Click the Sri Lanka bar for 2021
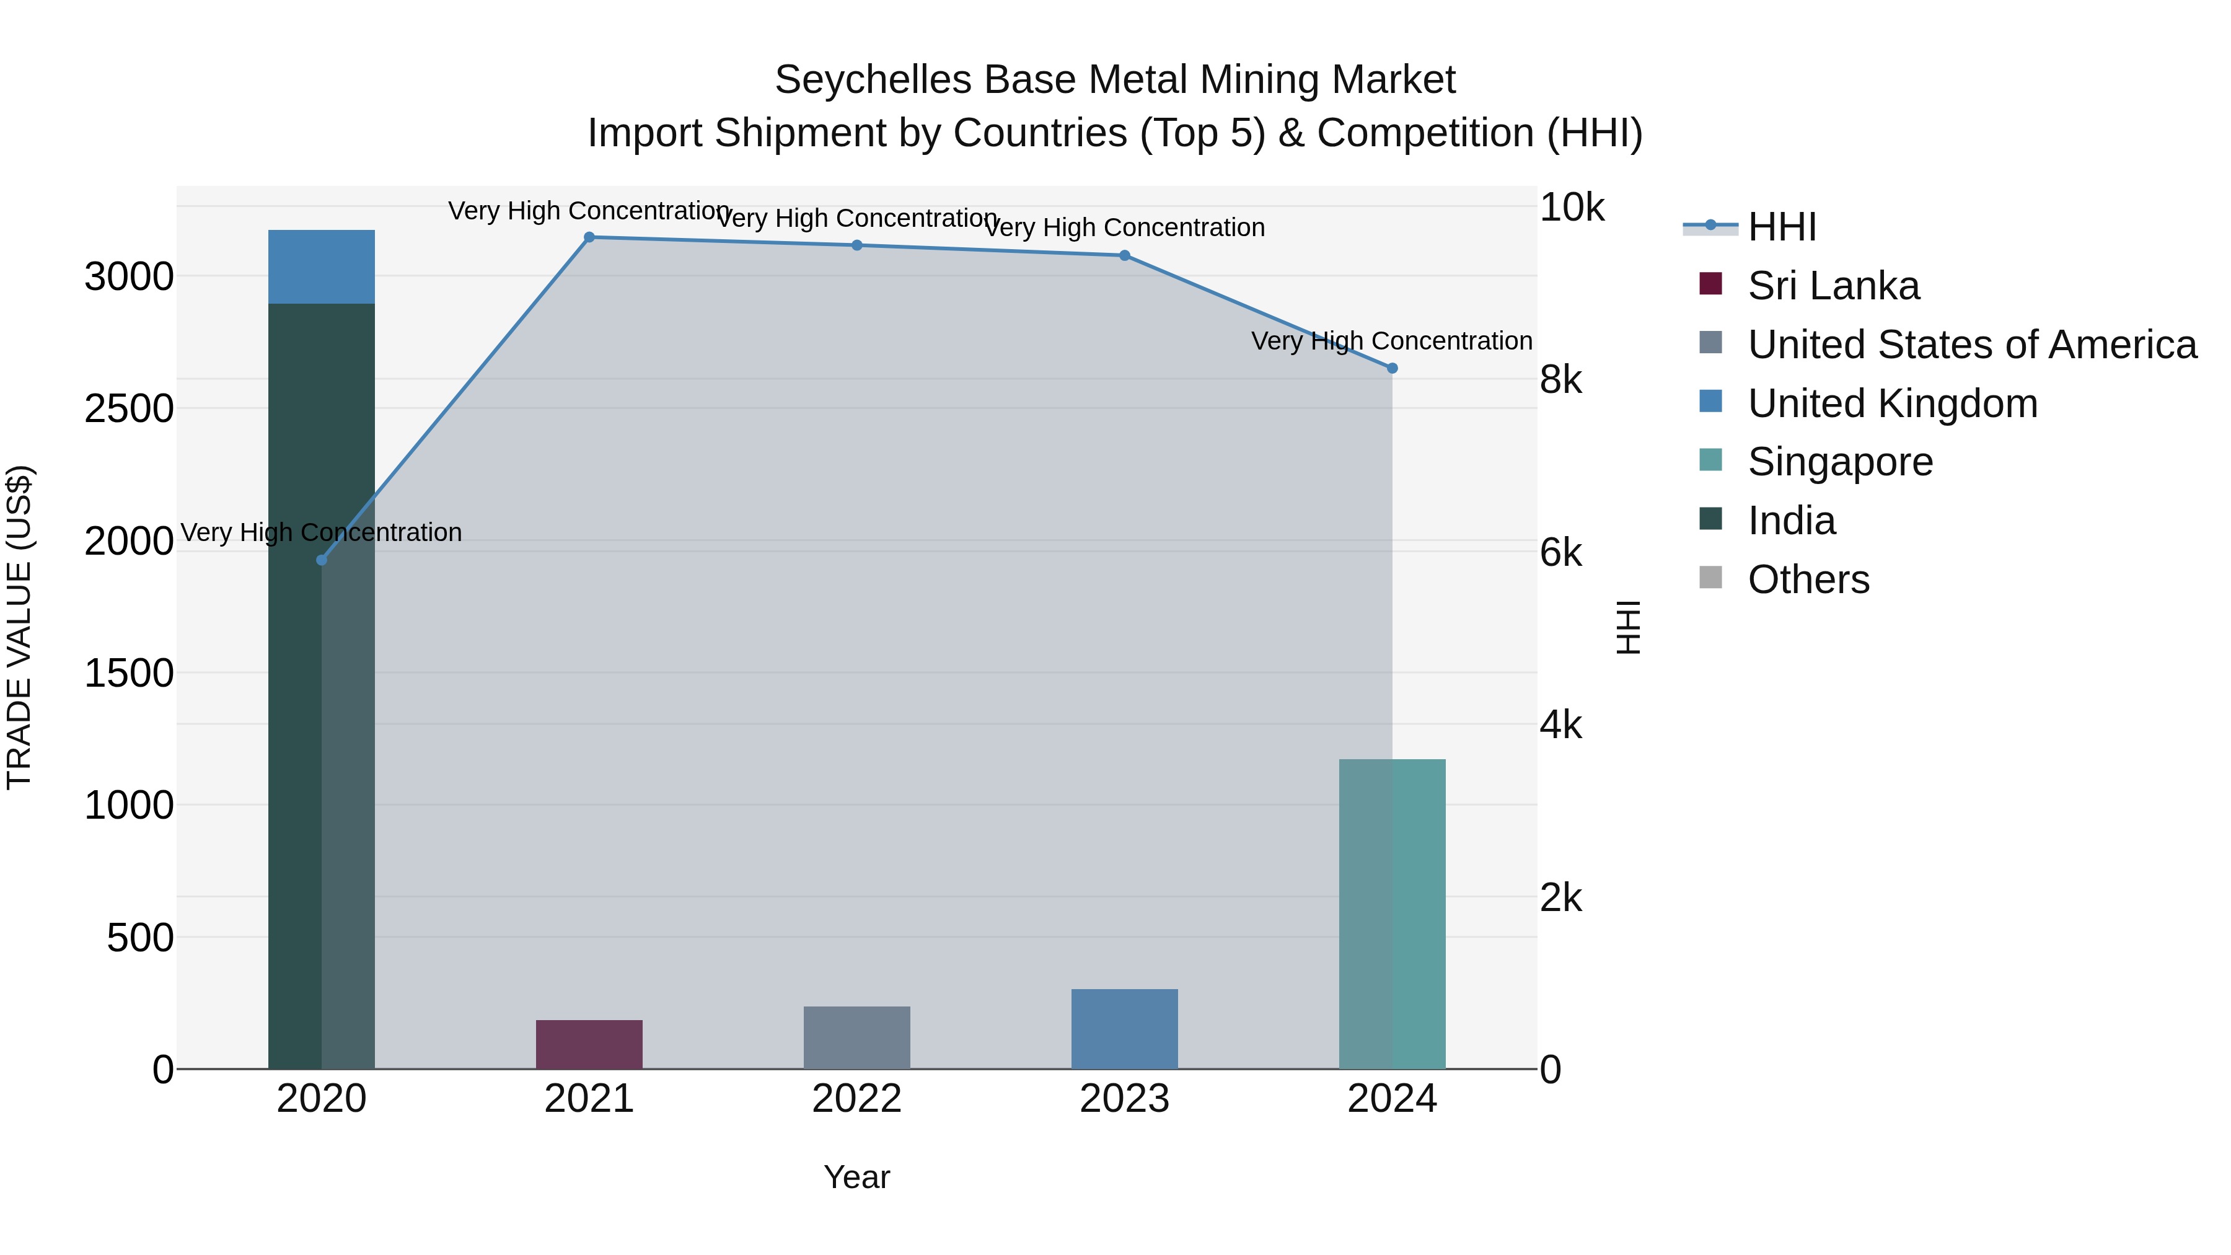589,1044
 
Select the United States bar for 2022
856,1037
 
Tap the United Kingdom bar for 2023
1124,1029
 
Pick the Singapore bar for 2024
1392,914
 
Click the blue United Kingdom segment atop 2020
321,266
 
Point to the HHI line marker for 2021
589,237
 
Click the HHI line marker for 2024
1392,368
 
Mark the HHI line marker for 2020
321,560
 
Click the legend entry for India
1791,521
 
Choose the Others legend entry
1808,579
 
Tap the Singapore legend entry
1839,462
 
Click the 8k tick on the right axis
1560,379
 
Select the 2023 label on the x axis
1124,1099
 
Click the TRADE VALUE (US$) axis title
19,627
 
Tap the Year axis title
856,1177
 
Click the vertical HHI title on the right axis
1628,627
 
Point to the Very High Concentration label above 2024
1392,341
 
